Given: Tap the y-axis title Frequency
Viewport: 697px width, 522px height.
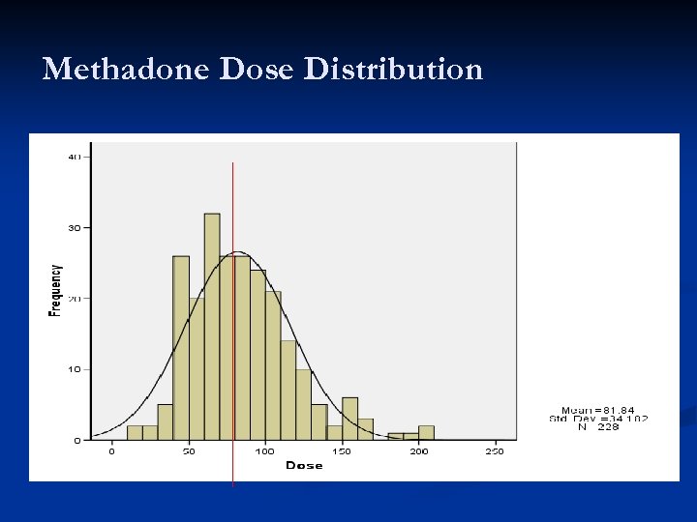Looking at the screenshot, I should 55,290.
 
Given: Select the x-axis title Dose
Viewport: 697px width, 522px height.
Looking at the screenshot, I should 304,466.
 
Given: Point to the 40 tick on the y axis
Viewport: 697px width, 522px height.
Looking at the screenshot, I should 75,157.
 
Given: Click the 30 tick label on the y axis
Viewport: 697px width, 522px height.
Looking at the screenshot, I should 75,227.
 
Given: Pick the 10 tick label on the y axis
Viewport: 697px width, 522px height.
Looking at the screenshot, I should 75,369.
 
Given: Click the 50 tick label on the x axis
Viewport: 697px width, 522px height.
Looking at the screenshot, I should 188,451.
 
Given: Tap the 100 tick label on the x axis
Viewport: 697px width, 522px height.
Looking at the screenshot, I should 264,451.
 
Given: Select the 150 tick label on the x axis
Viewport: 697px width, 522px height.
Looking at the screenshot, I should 341,451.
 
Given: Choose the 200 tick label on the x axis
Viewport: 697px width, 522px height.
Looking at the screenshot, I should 418,451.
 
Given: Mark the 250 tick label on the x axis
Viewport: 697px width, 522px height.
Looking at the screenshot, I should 495,451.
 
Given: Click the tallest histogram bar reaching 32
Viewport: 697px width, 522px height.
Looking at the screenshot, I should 212,329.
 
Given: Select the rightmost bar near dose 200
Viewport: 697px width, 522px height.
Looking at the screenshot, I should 426,433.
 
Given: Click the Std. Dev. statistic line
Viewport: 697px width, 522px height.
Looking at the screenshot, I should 597,419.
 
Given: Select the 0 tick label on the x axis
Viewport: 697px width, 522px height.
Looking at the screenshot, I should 111,451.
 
